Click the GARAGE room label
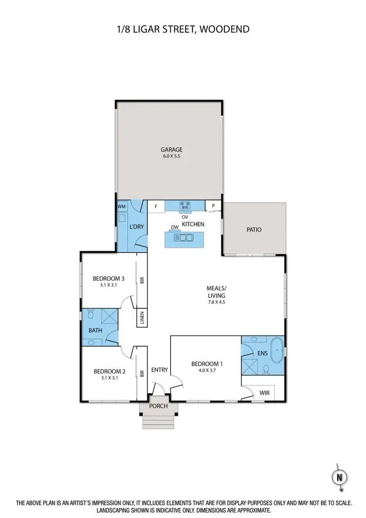(x=171, y=149)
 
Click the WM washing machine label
(x=122, y=207)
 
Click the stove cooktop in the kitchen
(x=185, y=206)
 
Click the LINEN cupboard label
(x=142, y=318)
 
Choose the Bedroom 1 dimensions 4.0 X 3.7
(x=207, y=371)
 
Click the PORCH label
(x=158, y=406)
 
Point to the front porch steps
(x=158, y=420)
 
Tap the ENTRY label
(x=159, y=370)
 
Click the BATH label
(x=95, y=331)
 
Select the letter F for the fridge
(x=156, y=207)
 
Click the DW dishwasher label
(x=174, y=227)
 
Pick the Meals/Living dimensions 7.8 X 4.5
(x=215, y=302)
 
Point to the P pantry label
(x=213, y=206)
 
